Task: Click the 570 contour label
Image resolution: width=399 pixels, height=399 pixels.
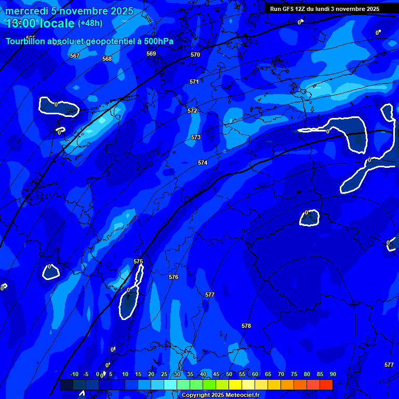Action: click(195, 55)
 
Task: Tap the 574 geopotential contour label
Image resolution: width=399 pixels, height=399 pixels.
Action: click(203, 163)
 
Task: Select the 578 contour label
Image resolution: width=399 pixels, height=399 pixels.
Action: click(246, 326)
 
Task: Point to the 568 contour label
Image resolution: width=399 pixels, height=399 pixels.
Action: click(107, 59)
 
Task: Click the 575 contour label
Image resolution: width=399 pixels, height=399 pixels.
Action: click(138, 261)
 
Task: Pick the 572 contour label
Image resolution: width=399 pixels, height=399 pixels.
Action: click(192, 111)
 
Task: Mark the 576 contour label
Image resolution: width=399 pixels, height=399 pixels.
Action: click(174, 277)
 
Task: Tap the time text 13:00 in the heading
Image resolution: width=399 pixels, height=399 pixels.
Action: click(21, 23)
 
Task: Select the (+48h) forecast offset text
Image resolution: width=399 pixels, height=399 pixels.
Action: click(90, 23)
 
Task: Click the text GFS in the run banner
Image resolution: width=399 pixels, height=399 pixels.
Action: click(288, 9)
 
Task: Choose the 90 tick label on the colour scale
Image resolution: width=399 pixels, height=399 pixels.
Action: click(332, 374)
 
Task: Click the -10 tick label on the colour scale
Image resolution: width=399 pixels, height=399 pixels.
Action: click(74, 374)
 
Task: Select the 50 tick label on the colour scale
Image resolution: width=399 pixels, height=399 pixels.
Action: click(229, 374)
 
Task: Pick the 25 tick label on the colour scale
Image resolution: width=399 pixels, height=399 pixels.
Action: click(164, 374)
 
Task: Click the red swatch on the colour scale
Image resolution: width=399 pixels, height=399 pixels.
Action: click(326, 385)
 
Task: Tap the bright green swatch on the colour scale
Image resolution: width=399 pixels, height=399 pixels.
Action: click(209, 385)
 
